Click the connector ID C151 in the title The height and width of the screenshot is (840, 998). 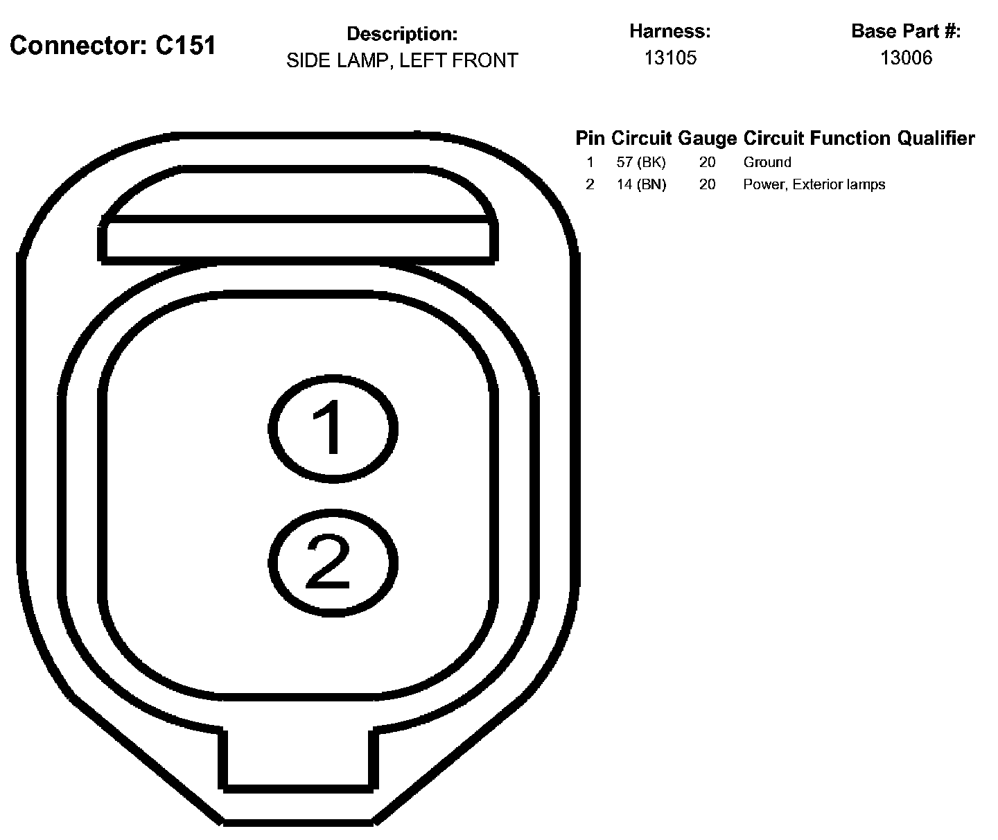(x=185, y=46)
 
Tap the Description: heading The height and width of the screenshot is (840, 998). (x=402, y=34)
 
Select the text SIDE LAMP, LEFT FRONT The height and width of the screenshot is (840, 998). (x=402, y=61)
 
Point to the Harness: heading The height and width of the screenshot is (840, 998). (x=670, y=31)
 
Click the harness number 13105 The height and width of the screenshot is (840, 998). (x=670, y=58)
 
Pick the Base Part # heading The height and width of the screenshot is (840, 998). (x=906, y=31)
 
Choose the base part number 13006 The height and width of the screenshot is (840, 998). (x=906, y=58)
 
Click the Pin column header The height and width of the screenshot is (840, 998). (x=590, y=139)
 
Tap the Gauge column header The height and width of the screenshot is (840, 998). (x=707, y=139)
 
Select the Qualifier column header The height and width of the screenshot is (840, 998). (x=936, y=139)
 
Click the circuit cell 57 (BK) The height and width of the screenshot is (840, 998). (x=641, y=163)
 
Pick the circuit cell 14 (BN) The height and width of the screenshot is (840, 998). (x=641, y=185)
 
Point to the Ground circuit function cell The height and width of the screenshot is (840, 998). (x=767, y=163)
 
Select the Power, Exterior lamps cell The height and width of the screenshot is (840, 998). (x=814, y=185)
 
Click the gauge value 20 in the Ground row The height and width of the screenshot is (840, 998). (x=707, y=163)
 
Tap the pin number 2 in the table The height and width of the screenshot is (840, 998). (x=590, y=185)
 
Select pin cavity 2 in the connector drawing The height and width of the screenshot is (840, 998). (x=333, y=562)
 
